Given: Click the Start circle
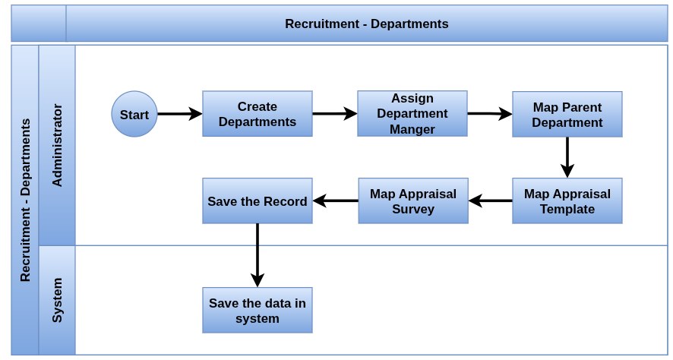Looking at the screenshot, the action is coord(134,114).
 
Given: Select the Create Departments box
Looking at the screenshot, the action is coord(258,114).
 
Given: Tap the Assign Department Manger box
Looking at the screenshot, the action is coord(412,114).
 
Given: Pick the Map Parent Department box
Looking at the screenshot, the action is coord(567,114).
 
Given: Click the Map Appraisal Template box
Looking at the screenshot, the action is coord(567,201).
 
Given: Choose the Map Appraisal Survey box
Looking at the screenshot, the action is coord(413,201).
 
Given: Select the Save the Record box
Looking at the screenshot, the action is coord(258,201).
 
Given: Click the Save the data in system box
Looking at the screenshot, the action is coord(258,310).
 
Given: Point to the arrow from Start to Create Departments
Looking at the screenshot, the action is coord(180,114).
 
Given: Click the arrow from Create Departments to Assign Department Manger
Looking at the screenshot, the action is coord(335,114).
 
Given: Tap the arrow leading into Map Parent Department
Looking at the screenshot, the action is coord(490,114).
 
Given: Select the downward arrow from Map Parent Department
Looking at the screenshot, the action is coord(567,157).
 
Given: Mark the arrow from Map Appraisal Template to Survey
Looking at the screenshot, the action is coord(490,201).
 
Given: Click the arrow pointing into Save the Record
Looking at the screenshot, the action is coord(335,201).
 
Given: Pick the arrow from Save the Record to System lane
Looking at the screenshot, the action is coord(258,255).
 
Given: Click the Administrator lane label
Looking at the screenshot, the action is coord(57,145).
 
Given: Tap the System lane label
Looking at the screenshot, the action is coord(57,300).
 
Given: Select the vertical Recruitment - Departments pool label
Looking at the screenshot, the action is coord(25,200).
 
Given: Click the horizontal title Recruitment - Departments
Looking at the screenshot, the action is coord(367,24).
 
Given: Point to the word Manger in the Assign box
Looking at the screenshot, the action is coord(412,129).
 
